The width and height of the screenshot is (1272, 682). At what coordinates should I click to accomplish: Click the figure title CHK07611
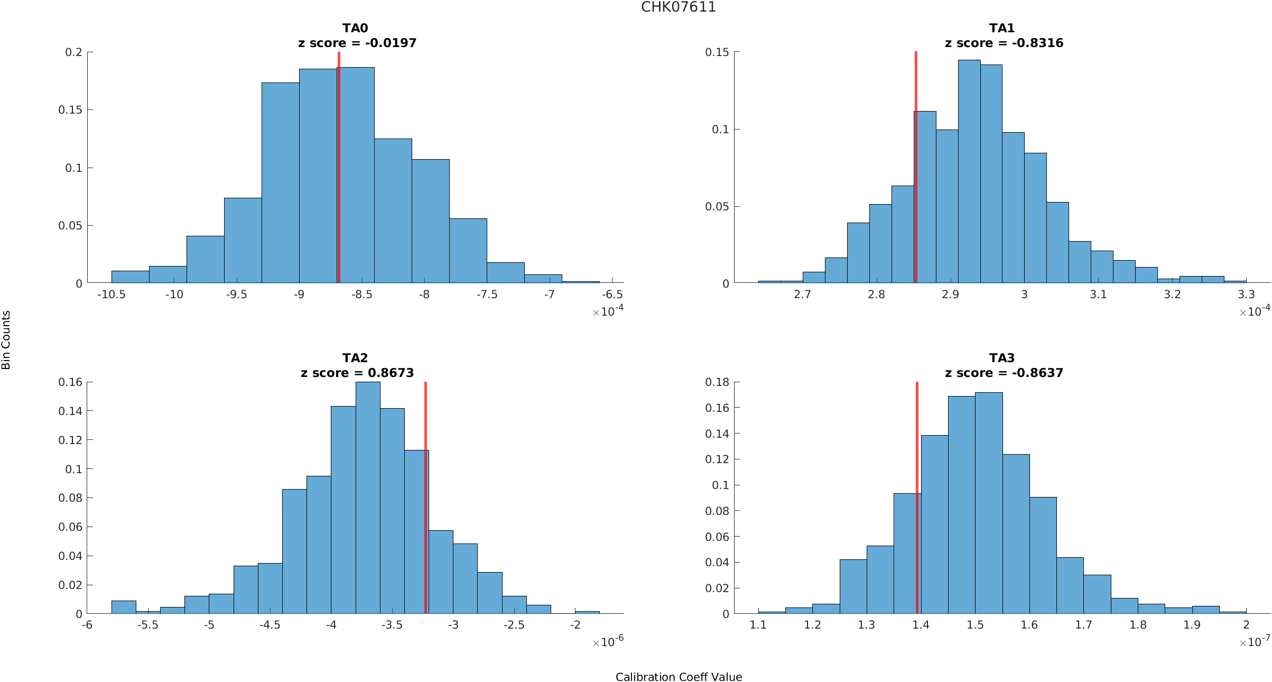click(679, 7)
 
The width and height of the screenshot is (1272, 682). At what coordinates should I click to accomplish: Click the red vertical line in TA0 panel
click(339, 169)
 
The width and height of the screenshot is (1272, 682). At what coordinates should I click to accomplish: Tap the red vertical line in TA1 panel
click(916, 169)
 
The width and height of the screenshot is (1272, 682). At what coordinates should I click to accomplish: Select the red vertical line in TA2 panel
click(425, 497)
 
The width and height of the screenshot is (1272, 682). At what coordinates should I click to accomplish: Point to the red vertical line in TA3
click(917, 497)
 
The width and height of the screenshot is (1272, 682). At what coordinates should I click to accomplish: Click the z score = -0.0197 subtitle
click(357, 43)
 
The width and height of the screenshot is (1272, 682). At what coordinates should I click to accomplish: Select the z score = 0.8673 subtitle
click(357, 373)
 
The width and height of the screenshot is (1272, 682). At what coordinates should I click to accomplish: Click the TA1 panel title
click(1002, 28)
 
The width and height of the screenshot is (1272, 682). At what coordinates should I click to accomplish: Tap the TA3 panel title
click(1002, 358)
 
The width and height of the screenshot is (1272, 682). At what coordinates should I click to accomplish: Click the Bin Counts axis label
click(6, 340)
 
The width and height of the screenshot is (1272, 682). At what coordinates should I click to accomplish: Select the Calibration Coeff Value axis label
click(679, 677)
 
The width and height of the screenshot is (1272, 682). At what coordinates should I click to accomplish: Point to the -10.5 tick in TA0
click(112, 294)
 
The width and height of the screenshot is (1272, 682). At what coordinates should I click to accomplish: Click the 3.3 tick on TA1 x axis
click(1246, 294)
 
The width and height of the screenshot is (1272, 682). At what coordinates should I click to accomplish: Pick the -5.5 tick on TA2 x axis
click(148, 625)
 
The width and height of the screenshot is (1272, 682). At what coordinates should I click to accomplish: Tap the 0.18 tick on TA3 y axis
click(717, 382)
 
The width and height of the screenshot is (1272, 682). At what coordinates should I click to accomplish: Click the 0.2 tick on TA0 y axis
click(74, 52)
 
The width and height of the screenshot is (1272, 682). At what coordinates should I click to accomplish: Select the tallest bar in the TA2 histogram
click(368, 497)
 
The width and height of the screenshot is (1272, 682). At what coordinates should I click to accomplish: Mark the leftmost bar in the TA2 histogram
click(124, 607)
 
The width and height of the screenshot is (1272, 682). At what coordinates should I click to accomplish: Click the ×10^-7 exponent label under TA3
click(1255, 642)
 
